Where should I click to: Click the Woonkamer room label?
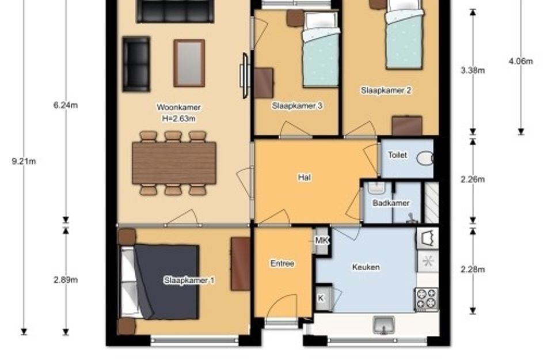tap(178, 107)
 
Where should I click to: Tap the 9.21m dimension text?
tap(24, 161)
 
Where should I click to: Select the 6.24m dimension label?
tap(66, 105)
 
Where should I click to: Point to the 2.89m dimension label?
tap(66, 280)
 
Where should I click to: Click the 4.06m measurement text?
tap(521, 61)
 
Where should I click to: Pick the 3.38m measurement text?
tap(473, 70)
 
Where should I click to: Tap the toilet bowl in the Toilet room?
tap(425, 158)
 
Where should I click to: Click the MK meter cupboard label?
tap(322, 240)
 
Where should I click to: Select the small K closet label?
tap(321, 298)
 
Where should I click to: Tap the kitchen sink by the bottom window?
tap(384, 325)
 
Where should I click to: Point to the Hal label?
tap(305, 177)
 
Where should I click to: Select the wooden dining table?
tap(174, 163)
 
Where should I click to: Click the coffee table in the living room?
tap(189, 63)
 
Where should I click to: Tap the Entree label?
tap(283, 263)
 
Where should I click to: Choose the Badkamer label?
tap(391, 203)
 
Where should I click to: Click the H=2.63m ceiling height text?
tap(178, 119)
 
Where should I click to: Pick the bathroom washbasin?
tap(376, 188)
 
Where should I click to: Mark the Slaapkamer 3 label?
tap(297, 106)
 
